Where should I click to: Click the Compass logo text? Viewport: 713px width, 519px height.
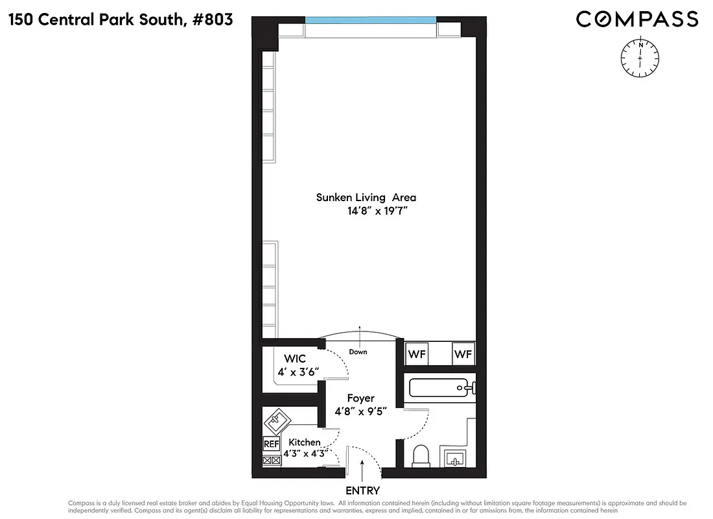(637, 19)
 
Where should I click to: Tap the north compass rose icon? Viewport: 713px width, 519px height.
(640, 57)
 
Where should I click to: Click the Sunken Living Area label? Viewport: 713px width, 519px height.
(366, 197)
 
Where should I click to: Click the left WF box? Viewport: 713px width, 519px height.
(417, 355)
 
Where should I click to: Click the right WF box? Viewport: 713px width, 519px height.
(463, 355)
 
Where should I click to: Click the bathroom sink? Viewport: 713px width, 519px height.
(456, 458)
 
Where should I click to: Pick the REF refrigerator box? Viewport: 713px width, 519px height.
(270, 444)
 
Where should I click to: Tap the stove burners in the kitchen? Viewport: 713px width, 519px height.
(271, 460)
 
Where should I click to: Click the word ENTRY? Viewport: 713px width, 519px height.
(362, 491)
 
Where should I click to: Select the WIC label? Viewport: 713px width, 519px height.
(294, 359)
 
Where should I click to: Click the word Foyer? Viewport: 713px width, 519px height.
(360, 398)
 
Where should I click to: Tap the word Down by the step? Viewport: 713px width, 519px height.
(358, 352)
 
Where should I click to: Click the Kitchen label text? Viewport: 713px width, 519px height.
(305, 442)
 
